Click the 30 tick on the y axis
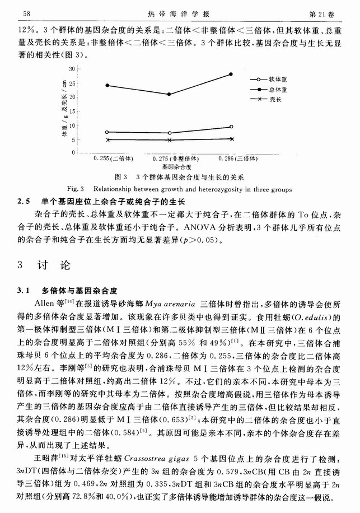click(71, 69)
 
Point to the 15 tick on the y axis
click(71, 110)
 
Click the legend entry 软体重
click(278, 80)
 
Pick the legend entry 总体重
click(278, 90)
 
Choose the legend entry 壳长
click(275, 99)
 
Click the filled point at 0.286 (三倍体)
click(231, 74)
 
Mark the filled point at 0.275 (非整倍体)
click(169, 94)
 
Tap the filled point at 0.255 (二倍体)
click(107, 86)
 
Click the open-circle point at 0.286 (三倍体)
click(231, 127)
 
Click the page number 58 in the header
click(26, 12)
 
